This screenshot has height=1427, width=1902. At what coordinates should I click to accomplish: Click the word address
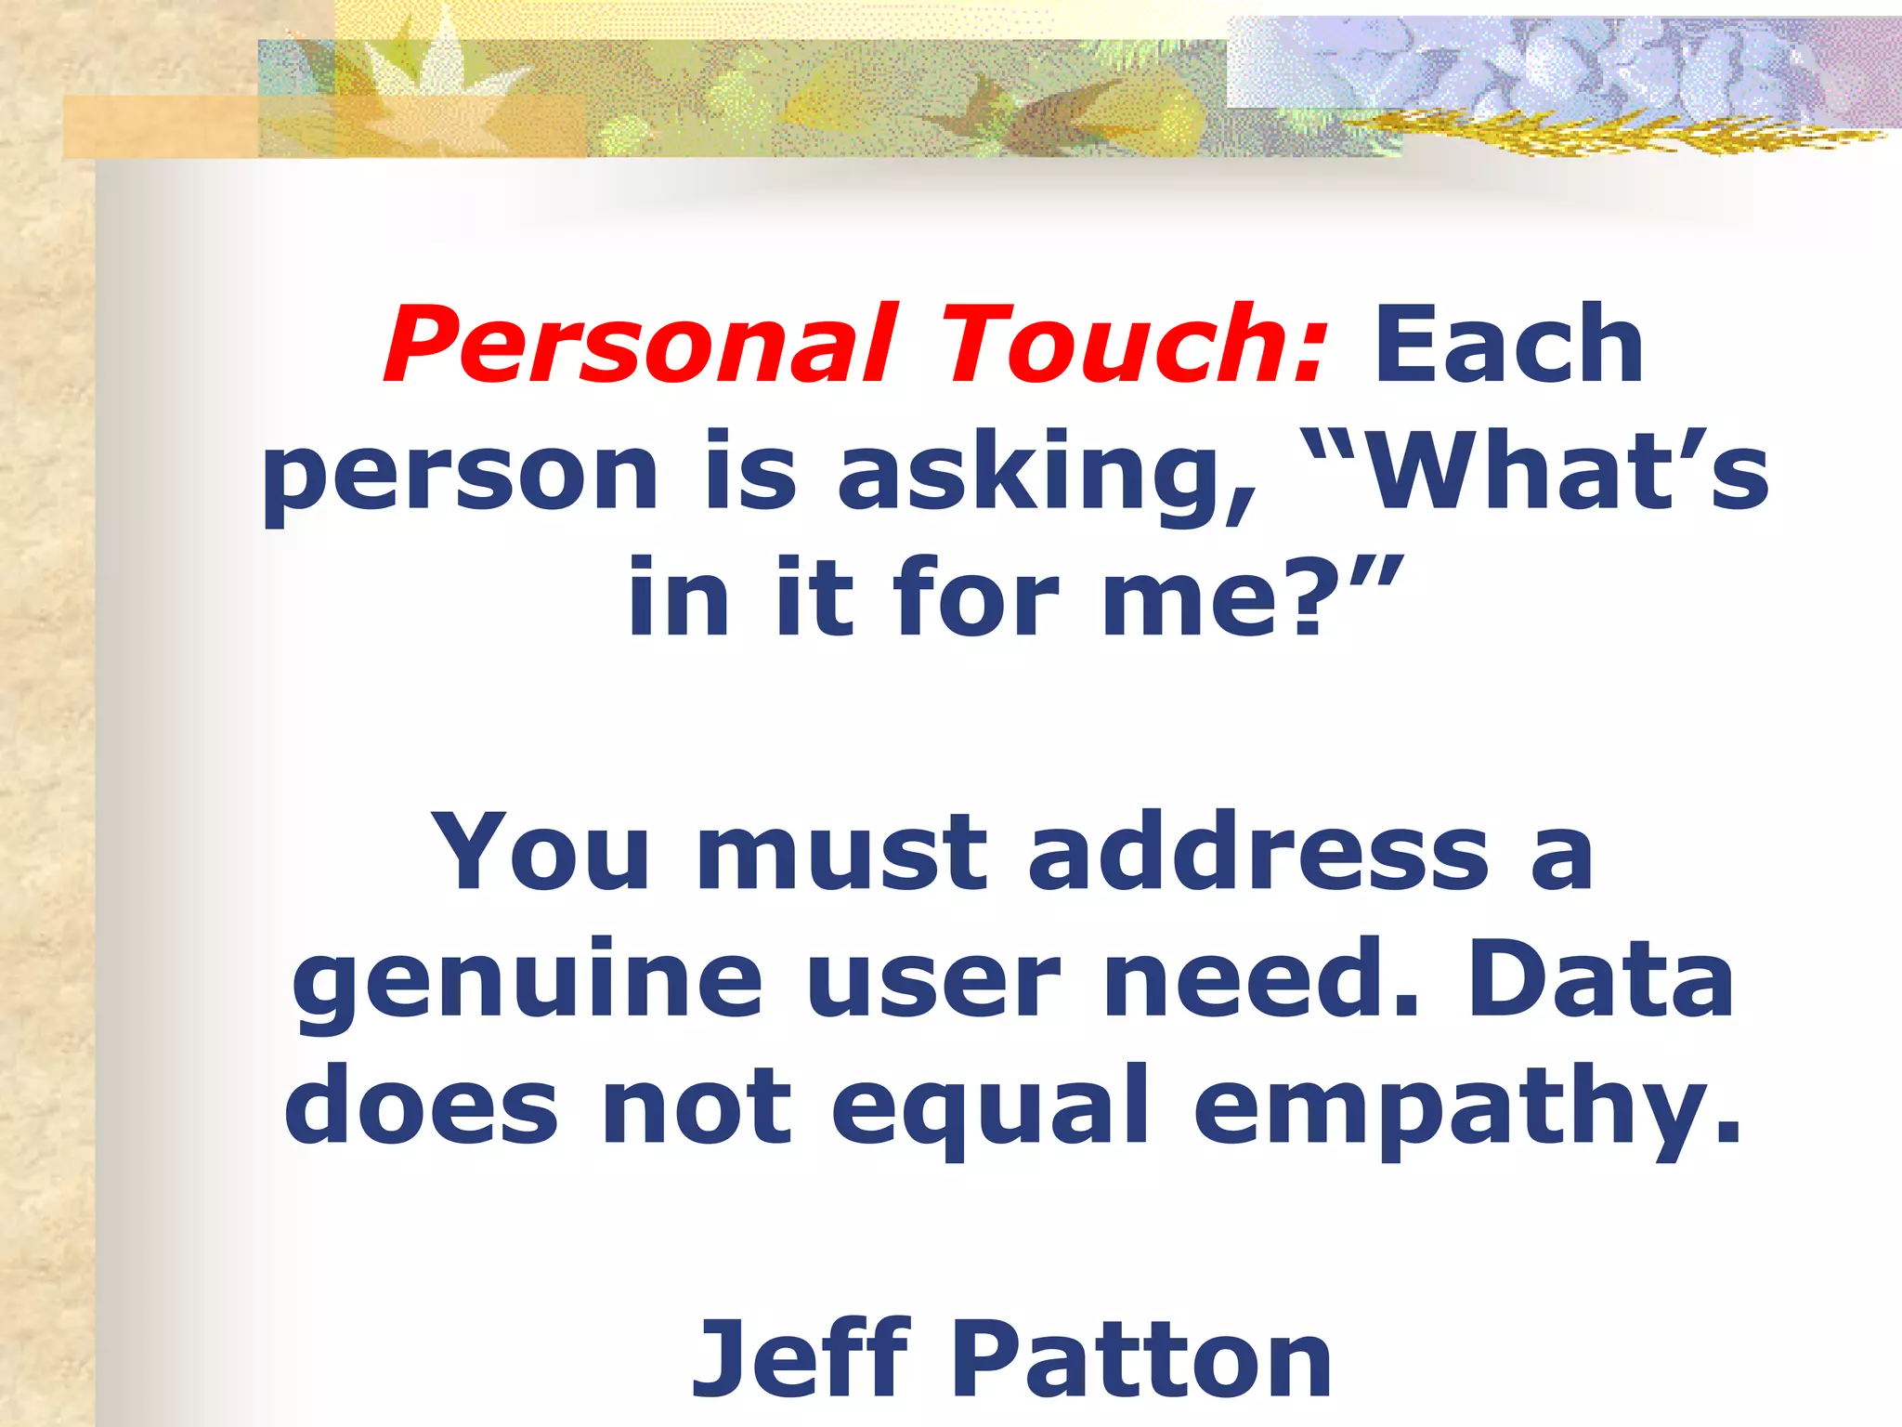coord(1258,852)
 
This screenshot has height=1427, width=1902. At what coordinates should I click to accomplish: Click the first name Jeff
coord(801,1358)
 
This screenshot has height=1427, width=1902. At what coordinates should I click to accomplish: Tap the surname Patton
coord(1141,1358)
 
